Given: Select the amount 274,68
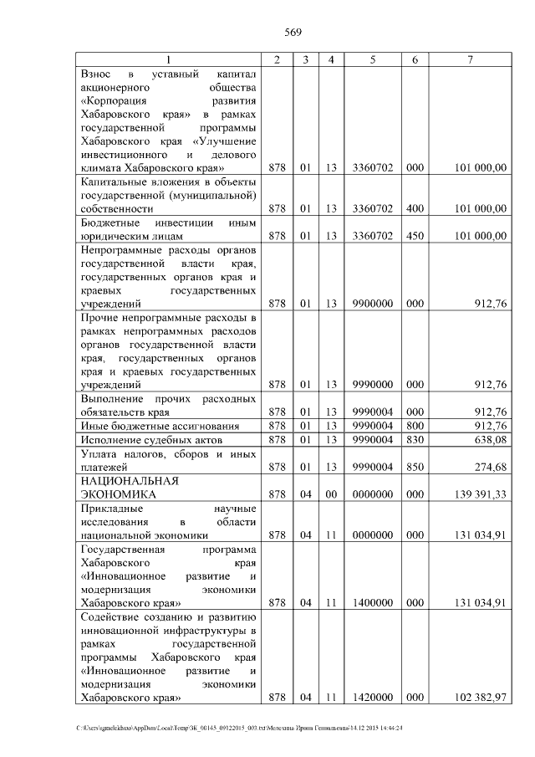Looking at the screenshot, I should (491, 466).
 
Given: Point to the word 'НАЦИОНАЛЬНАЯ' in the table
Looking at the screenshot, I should (130, 481).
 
